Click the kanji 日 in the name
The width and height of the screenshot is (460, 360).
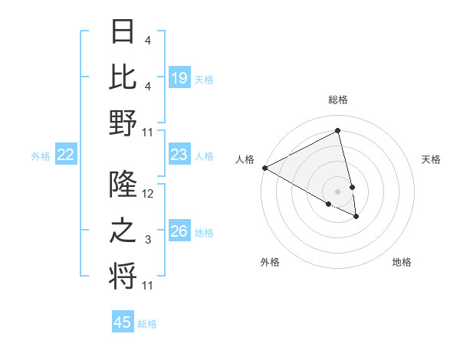coord(123,33)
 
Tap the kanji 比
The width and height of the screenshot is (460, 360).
coord(123,77)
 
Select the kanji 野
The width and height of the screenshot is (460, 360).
coord(123,123)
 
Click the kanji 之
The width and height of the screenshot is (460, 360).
coord(123,231)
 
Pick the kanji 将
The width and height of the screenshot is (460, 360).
coord(123,275)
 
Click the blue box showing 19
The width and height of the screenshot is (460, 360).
coord(179,77)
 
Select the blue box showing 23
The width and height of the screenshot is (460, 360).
coord(179,155)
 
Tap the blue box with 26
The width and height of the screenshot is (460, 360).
coord(179,232)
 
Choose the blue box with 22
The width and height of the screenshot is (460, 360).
coord(66,155)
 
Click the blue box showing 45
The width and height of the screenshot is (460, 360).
coord(123,322)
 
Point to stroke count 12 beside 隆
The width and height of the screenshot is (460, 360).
coord(148,194)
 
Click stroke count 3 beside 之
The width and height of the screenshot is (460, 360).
coord(147,240)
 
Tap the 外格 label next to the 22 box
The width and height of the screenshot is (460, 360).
coord(41,156)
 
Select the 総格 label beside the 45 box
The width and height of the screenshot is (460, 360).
coord(148,324)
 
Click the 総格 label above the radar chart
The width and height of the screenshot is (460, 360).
coord(338,100)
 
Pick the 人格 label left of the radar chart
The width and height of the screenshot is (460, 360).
coord(245,159)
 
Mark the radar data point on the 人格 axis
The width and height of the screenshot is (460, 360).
coord(264,168)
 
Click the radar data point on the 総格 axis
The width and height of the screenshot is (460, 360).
coord(338,131)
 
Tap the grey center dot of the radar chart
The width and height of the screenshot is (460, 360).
coord(338,191)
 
